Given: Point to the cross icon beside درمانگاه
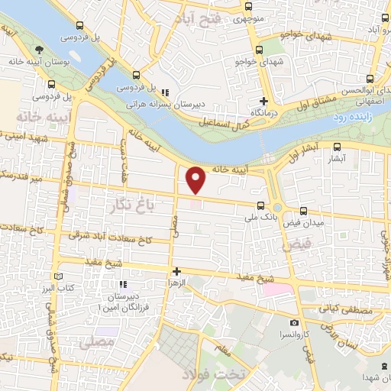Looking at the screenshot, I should point(264,101).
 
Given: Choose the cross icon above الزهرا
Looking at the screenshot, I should point(176,270).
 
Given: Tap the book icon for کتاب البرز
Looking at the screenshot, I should point(60,276).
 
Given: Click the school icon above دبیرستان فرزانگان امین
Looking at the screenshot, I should point(121,285).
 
